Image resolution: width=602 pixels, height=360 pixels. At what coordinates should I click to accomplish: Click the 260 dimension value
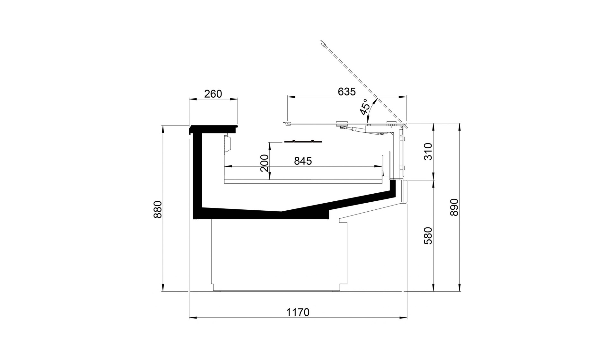point(213,94)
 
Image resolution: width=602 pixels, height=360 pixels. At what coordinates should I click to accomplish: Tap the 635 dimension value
point(347,92)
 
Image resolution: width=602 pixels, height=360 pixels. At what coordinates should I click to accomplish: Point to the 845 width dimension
point(303,161)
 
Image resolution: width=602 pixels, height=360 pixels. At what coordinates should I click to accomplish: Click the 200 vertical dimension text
point(264,163)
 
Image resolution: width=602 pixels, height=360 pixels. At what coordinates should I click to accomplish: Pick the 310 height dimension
point(428,152)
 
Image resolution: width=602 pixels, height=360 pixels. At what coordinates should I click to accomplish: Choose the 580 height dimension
point(428,236)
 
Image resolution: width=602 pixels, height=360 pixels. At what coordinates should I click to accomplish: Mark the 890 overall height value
point(454,207)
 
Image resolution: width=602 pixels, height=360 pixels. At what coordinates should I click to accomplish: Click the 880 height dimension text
point(158,210)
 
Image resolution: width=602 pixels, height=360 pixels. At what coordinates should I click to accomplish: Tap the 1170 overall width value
point(298,312)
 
